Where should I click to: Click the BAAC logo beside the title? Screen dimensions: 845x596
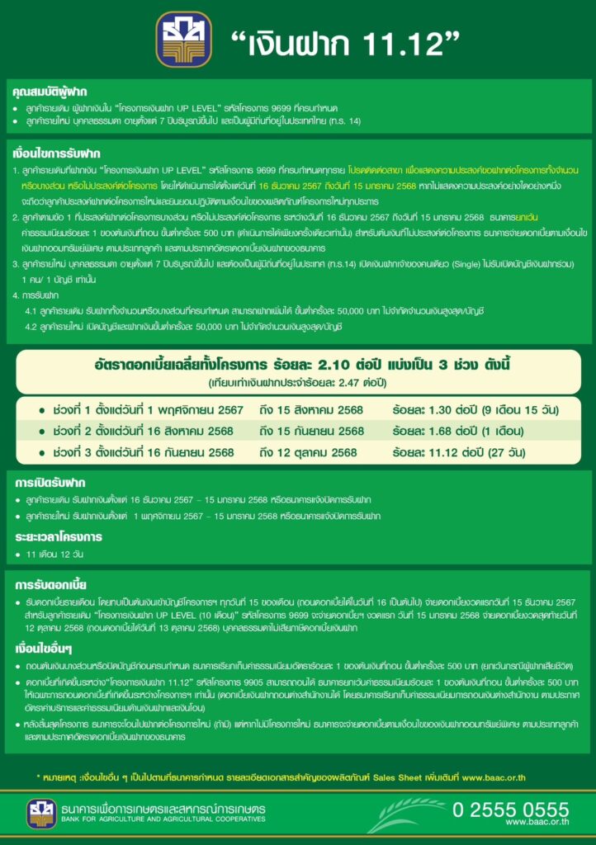click(184, 39)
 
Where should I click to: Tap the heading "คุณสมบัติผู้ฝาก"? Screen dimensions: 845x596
click(50, 91)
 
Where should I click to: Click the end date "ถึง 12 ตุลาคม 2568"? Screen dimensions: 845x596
click(308, 452)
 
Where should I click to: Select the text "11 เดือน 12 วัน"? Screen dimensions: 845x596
click(55, 554)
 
